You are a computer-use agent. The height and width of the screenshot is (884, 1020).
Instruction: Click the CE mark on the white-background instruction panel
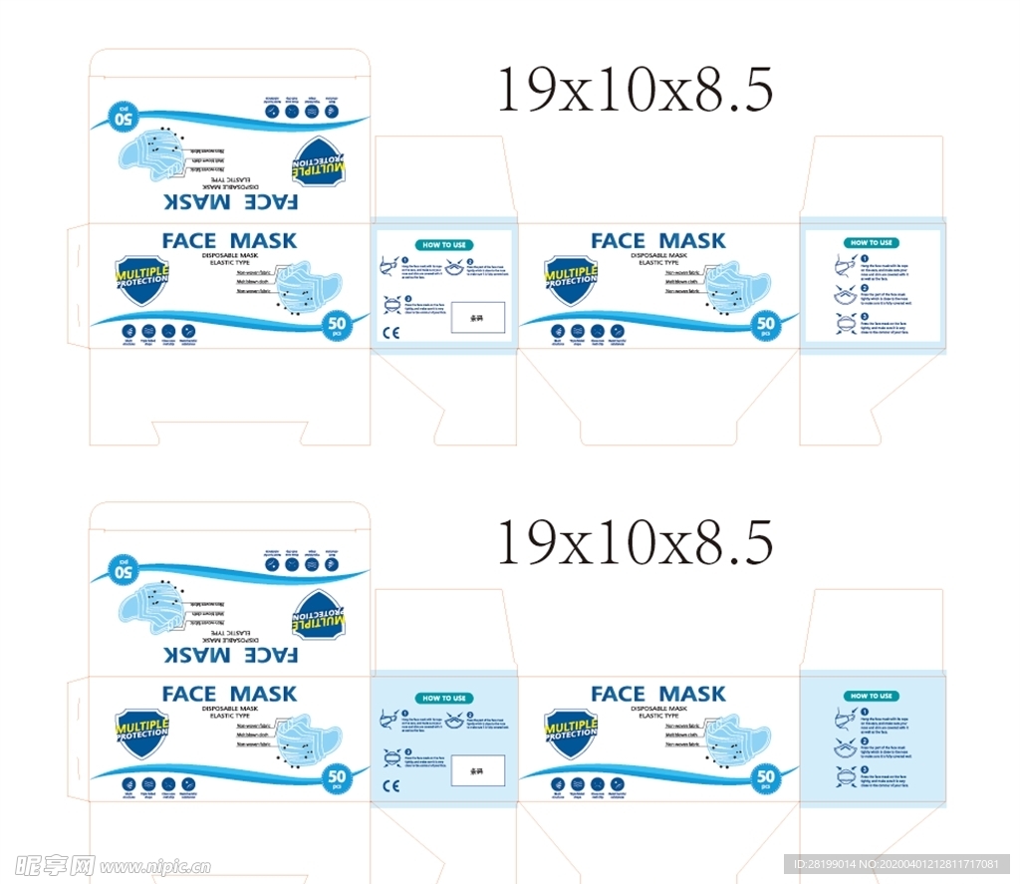[x=390, y=333]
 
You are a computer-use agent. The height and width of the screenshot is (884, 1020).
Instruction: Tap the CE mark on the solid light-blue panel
[x=390, y=786]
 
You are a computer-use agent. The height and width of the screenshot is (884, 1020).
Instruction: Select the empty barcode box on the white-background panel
[x=478, y=318]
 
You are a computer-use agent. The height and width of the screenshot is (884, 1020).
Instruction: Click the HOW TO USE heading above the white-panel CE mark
[x=444, y=244]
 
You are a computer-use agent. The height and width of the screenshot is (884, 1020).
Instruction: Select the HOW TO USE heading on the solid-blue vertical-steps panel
[x=872, y=696]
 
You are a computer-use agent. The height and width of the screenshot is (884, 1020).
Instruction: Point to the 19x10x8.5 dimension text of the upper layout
[x=635, y=90]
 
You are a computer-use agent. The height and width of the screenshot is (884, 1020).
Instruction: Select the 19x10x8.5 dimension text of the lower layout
[x=635, y=542]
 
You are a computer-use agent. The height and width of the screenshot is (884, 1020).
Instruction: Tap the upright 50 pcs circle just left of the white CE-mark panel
[x=336, y=325]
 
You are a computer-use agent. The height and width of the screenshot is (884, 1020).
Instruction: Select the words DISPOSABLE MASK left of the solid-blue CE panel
[x=229, y=709]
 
